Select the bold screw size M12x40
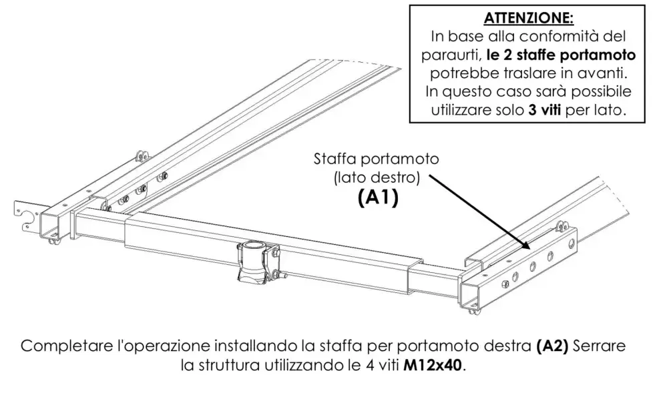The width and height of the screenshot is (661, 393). tap(433, 366)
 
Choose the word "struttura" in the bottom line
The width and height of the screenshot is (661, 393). tap(226, 366)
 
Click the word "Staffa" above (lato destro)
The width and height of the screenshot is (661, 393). tap(337, 160)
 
